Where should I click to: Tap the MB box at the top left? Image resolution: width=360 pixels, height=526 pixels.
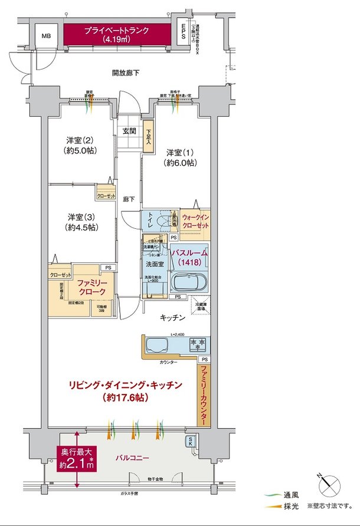pos(45,36)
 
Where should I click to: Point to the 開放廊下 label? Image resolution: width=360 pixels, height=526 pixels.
pos(125,73)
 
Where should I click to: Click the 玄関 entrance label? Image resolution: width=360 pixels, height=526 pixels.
pos(130,131)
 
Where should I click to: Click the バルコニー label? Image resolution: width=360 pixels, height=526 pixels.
pos(132,458)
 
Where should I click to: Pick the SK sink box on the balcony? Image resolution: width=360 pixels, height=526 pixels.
pos(192,442)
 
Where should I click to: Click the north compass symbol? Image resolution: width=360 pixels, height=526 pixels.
pos(329,488)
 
